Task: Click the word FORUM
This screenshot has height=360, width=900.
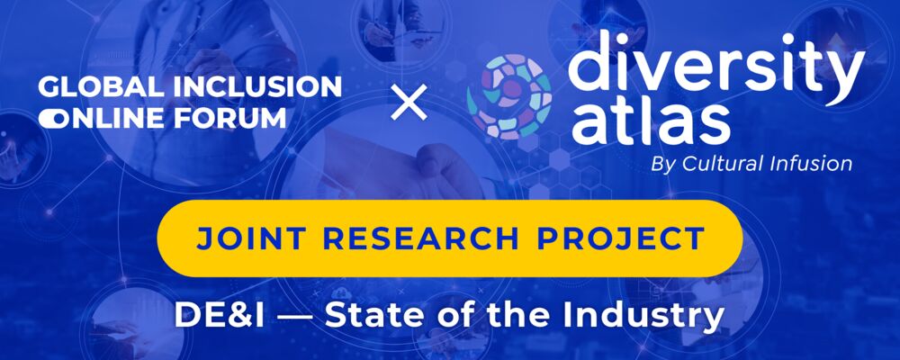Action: (x=239, y=118)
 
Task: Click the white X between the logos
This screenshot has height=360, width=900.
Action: (x=409, y=104)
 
